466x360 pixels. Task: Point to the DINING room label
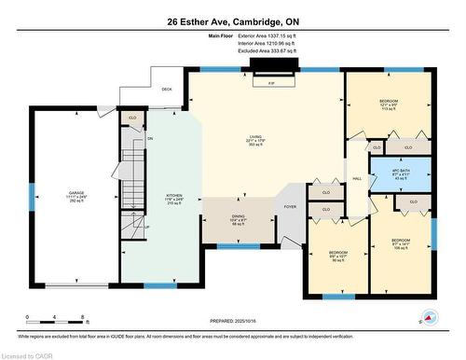pos(238,220)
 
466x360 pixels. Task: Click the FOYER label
pos(291,206)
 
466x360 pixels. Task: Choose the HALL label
pos(356,179)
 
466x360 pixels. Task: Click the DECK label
pos(167,90)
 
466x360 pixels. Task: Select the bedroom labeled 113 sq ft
pos(389,104)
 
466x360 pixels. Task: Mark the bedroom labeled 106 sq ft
pos(401,244)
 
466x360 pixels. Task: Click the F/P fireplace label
pos(271,84)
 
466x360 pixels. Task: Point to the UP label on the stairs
pos(146,226)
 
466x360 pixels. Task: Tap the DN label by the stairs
pos(149,139)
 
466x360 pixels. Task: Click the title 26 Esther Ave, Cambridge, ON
pos(232,21)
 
